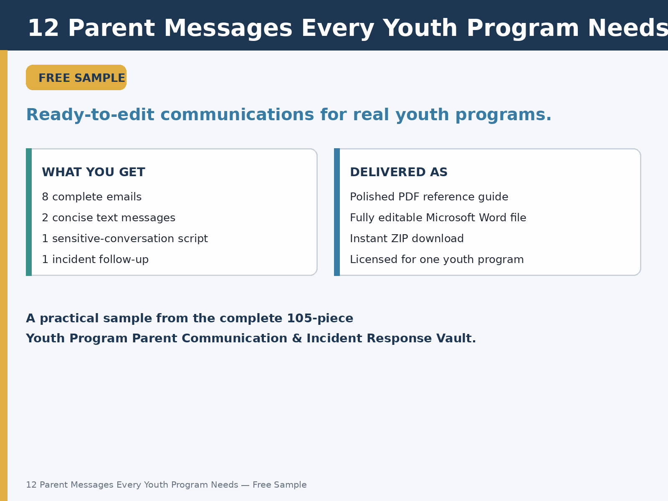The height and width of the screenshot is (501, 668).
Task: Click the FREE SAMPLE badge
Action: coord(76,78)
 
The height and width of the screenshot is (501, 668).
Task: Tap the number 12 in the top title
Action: coord(43,28)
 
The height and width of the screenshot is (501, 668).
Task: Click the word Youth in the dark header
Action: coord(420,28)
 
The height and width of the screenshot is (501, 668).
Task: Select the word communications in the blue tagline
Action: coord(237,115)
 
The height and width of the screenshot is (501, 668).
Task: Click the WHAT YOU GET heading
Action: coord(94,172)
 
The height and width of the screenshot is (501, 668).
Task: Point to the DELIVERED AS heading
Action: coord(399,172)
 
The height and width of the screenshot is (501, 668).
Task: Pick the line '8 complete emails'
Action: coord(91,197)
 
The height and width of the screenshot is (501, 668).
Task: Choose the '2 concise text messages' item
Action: coord(109,218)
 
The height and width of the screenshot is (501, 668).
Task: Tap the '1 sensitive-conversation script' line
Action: coord(125,238)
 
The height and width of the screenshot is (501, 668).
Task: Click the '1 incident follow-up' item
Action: coord(95,259)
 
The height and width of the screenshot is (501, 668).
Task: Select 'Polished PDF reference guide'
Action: coord(429,197)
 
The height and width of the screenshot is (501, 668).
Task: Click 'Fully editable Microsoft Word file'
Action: coord(438,218)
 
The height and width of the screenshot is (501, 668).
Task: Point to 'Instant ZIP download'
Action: coord(407,238)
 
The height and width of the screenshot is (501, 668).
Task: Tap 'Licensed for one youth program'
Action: coord(437,259)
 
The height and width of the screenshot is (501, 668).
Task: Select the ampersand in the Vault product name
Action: coord(297,338)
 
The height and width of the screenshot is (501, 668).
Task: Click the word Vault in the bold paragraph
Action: coord(456,338)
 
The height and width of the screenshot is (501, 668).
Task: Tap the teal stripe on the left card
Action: coord(29,212)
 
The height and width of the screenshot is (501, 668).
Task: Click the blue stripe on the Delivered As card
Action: coord(337,212)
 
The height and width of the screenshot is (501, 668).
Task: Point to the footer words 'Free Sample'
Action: coord(279,485)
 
